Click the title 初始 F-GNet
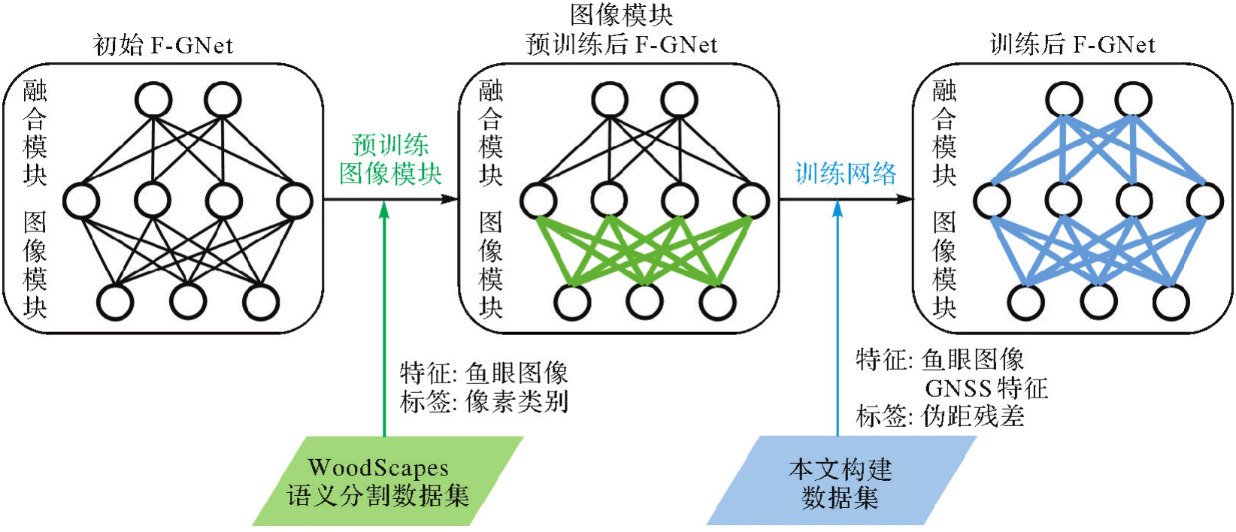click(163, 45)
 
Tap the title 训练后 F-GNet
click(1072, 45)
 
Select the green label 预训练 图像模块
click(390, 159)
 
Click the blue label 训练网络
click(846, 174)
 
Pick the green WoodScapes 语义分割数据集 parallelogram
click(386, 481)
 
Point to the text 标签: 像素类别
click(484, 402)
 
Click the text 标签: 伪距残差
click(940, 416)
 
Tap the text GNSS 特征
click(986, 388)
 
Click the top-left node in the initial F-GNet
click(153, 100)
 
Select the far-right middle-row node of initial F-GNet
click(294, 201)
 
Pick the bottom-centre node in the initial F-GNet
click(188, 302)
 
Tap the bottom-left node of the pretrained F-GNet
click(572, 302)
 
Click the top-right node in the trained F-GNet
click(1133, 100)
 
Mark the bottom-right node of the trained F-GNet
click(1171, 302)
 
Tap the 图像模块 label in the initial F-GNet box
click(35, 264)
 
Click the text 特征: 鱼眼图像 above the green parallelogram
click(484, 373)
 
